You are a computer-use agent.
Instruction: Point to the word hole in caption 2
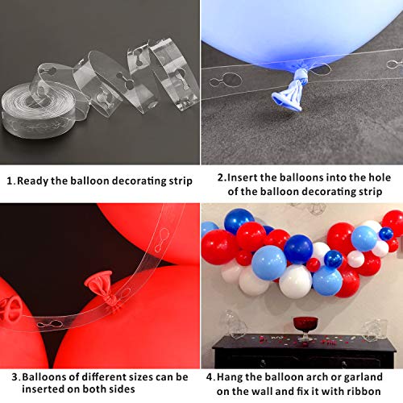click(380, 177)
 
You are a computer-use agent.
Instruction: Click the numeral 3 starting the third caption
click(15, 377)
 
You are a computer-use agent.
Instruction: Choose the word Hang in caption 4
click(230, 377)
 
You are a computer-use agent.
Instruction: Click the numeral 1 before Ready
click(10, 181)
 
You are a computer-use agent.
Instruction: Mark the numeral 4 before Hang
click(210, 377)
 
